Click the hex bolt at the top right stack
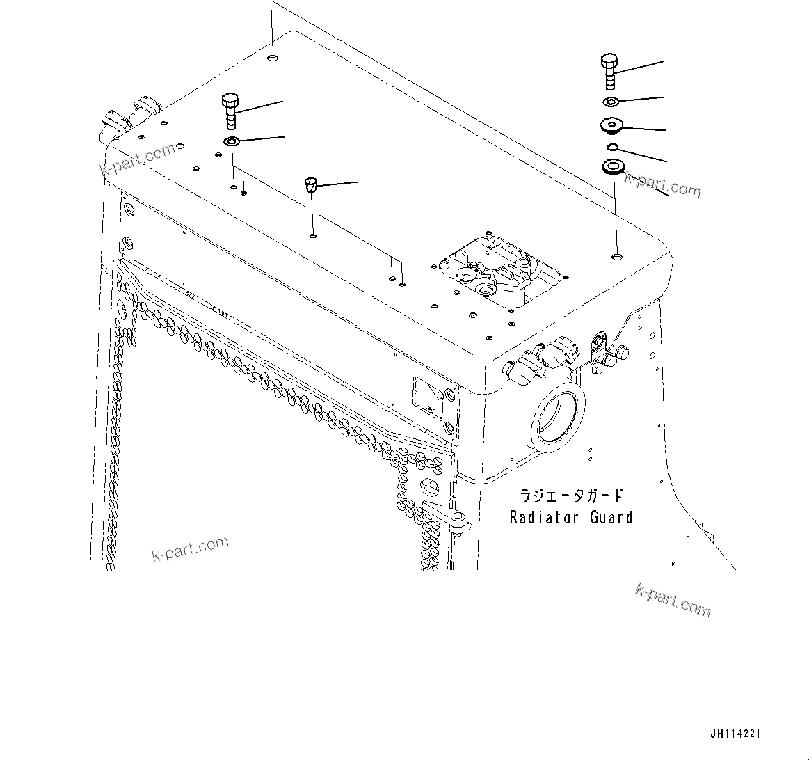point(609,70)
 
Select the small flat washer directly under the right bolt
point(611,102)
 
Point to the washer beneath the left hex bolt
point(231,143)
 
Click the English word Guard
point(611,517)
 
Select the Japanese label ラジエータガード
point(572,496)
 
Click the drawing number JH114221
point(736,734)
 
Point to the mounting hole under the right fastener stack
point(616,259)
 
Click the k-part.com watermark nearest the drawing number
point(673,600)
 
